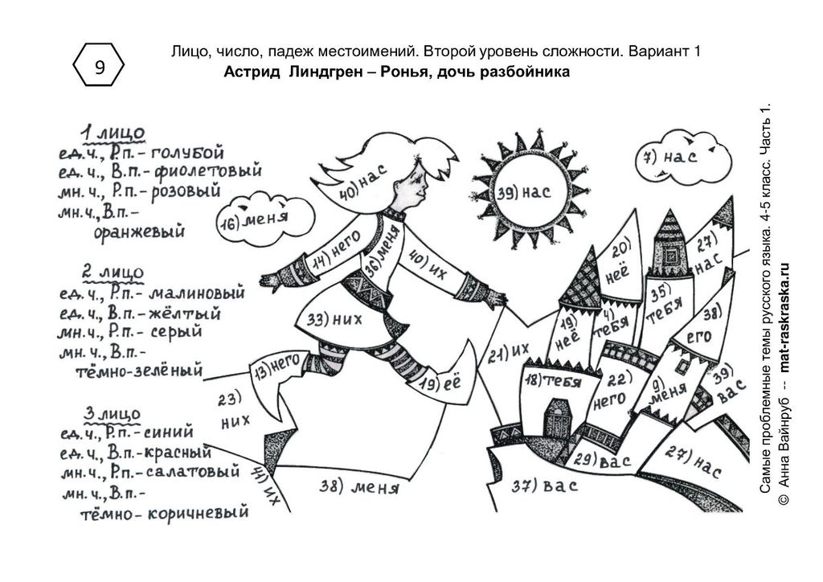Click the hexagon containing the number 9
[x=100, y=68]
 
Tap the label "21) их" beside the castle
[x=509, y=350]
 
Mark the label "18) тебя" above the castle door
[x=554, y=381]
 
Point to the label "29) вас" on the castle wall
[x=602, y=461]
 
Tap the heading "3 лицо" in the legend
[x=113, y=414]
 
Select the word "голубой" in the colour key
[x=187, y=152]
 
